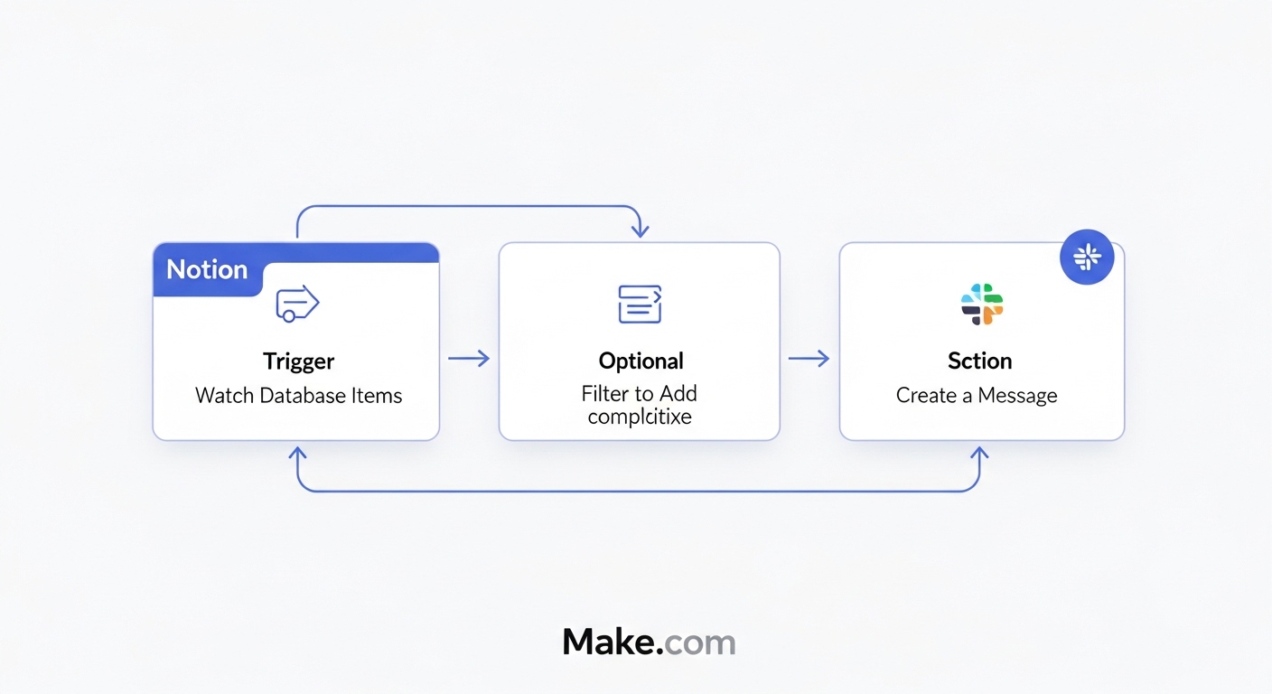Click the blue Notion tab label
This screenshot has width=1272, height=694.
tap(207, 269)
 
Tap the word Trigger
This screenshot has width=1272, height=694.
tap(298, 361)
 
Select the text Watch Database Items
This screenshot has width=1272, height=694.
tap(298, 395)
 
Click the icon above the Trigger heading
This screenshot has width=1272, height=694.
tap(297, 305)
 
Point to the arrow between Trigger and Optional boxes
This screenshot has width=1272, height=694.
tap(469, 359)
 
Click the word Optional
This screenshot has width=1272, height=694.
tap(641, 361)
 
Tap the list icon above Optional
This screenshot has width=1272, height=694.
tap(640, 304)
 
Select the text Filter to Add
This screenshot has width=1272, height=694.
tap(639, 393)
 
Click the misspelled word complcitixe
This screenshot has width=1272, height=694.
tap(639, 417)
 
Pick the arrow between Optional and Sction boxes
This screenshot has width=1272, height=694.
tap(809, 359)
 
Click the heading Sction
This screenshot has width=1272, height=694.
tap(979, 361)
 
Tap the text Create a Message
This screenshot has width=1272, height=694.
tap(976, 395)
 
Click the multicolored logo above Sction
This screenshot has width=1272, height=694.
tap(982, 304)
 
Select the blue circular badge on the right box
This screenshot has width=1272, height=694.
tap(1086, 258)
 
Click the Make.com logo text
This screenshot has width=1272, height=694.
tap(649, 642)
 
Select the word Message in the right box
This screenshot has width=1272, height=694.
tap(1017, 395)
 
